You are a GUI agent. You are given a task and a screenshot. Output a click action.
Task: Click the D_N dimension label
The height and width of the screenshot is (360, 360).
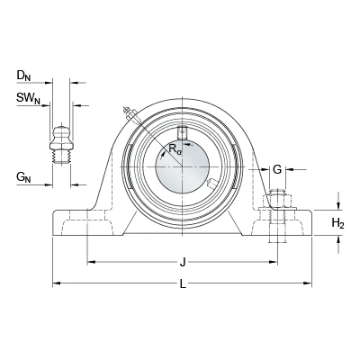[23, 76]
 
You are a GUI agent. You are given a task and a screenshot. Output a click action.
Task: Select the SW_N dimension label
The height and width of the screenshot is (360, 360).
[28, 98]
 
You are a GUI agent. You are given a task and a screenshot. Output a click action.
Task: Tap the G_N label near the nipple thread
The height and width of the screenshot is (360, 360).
[23, 177]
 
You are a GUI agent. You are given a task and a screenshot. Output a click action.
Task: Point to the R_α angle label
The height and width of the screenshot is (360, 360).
[175, 148]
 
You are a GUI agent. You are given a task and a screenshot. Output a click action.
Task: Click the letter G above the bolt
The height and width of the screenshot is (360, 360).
[277, 169]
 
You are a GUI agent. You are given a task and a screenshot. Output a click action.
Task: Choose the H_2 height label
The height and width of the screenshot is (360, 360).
[337, 223]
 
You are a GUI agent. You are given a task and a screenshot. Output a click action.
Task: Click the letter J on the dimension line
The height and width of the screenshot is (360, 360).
[182, 263]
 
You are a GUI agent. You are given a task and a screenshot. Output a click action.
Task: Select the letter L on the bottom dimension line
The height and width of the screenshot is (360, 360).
[183, 283]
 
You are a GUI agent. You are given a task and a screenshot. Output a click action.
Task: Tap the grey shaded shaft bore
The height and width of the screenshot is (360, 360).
[182, 166]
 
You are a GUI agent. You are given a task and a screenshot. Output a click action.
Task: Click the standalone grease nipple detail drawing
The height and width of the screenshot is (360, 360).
[62, 143]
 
